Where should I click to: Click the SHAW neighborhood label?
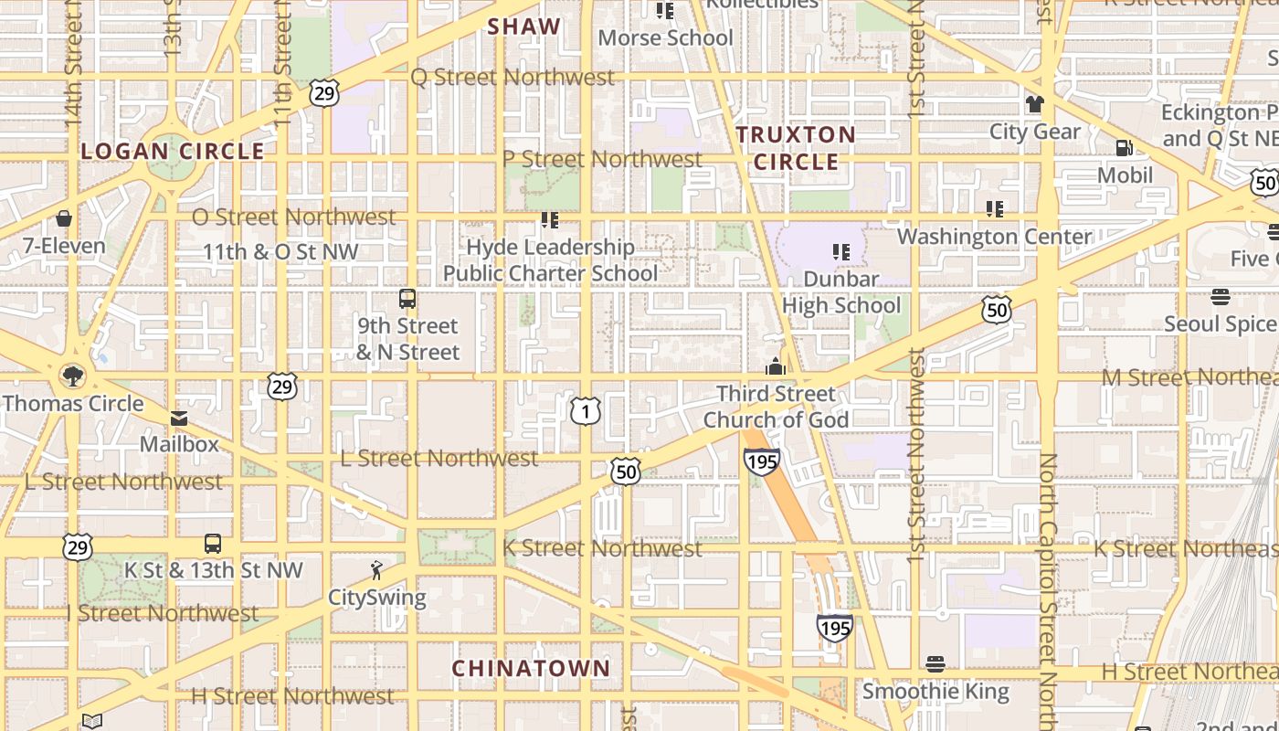(523, 26)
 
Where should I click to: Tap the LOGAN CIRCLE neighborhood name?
(173, 151)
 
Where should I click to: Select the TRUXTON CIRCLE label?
(796, 148)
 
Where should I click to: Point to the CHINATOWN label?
(531, 668)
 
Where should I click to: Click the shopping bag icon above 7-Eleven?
(64, 218)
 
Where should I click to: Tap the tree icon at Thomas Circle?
(71, 376)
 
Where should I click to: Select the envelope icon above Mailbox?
(179, 418)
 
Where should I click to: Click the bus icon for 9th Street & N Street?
(407, 299)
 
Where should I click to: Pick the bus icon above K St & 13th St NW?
(213, 544)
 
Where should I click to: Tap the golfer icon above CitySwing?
(376, 571)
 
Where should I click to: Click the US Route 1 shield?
(586, 412)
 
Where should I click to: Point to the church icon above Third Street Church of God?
(776, 366)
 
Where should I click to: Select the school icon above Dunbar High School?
(841, 251)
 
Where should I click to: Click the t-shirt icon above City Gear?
(1034, 104)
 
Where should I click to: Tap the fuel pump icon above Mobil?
(1125, 148)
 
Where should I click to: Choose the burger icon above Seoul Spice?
(1221, 297)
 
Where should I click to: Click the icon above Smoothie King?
(935, 663)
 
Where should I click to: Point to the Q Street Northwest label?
(513, 78)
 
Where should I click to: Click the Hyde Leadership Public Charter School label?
(550, 260)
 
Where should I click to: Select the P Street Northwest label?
(602, 159)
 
